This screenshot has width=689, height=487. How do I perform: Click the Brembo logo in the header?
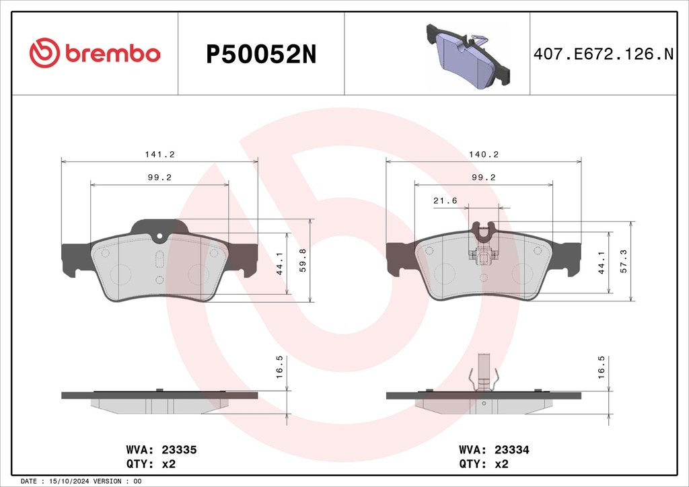point(95,53)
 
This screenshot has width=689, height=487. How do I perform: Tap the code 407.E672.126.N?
point(604,54)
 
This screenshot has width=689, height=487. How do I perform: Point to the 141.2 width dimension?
point(160,155)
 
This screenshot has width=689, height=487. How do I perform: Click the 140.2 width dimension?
point(483,155)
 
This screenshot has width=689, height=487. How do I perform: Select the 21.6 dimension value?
point(445,200)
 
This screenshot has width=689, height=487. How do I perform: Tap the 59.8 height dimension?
point(302,260)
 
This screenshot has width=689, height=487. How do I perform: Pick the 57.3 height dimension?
point(623,261)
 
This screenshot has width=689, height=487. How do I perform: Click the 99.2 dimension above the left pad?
point(159,178)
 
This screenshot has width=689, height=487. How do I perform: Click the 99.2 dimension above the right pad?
point(483,178)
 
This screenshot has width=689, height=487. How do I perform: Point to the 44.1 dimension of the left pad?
point(279,264)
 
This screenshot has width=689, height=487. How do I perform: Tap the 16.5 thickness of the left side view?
point(279,367)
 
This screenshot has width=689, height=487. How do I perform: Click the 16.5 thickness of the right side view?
point(601,367)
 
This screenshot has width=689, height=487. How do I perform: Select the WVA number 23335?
point(179,450)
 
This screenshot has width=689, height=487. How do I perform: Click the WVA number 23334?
point(512,450)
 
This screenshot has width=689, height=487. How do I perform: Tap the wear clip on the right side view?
point(484,373)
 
